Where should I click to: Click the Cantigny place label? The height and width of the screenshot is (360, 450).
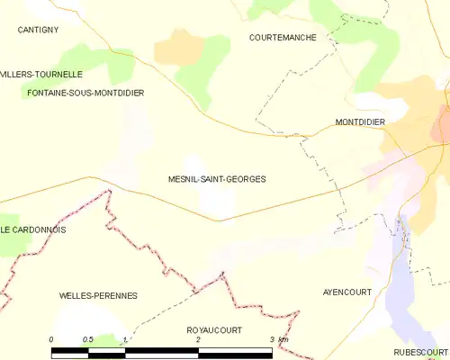pyautogui.click(x=38, y=30)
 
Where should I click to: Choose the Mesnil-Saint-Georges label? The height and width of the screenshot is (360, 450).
pyautogui.click(x=217, y=179)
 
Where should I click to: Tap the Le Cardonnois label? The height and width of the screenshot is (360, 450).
pyautogui.click(x=33, y=229)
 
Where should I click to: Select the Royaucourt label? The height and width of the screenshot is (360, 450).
pyautogui.click(x=214, y=330)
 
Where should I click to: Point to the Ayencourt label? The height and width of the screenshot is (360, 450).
pyautogui.click(x=347, y=292)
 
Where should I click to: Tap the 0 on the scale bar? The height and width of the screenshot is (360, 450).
pyautogui.click(x=51, y=339)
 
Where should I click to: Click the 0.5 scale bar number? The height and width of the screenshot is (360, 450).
pyautogui.click(x=87, y=339)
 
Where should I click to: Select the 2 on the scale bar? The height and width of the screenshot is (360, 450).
pyautogui.click(x=198, y=339)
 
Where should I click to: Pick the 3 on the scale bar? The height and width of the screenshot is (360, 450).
pyautogui.click(x=271, y=339)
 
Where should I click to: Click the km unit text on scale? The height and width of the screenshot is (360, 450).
pyautogui.click(x=283, y=339)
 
